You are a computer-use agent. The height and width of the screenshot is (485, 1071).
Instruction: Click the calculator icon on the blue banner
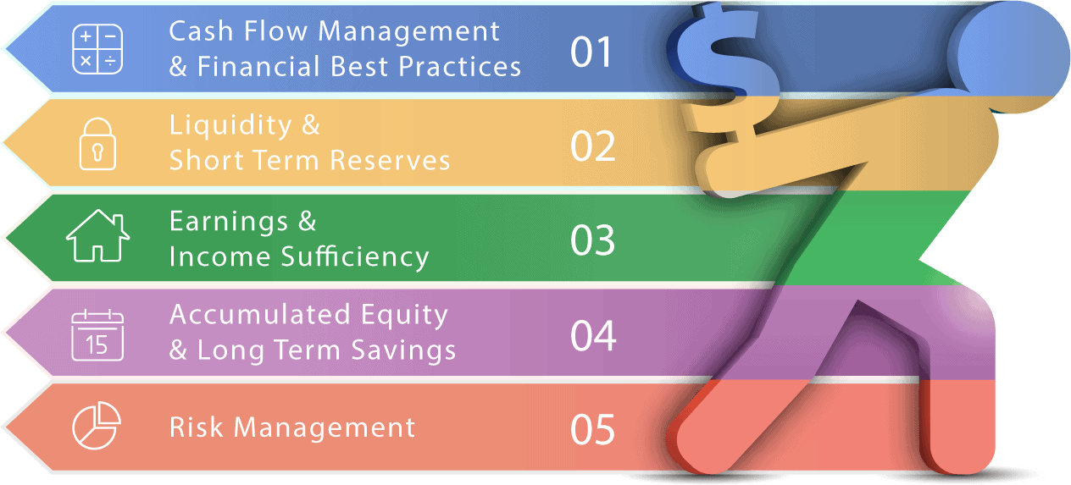(x=97, y=49)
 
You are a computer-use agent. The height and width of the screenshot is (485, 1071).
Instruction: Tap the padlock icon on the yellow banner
(x=97, y=144)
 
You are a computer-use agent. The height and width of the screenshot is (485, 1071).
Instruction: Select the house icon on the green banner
(x=98, y=235)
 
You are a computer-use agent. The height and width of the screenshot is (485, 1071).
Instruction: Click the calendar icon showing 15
(x=97, y=335)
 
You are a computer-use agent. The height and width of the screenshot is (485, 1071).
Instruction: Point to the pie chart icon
(x=97, y=425)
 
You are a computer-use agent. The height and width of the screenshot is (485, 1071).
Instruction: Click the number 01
(x=591, y=52)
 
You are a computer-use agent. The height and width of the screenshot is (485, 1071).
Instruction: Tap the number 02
(x=593, y=146)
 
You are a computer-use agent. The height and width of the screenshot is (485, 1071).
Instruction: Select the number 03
(x=593, y=240)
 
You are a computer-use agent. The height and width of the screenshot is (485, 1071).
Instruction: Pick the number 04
(x=593, y=335)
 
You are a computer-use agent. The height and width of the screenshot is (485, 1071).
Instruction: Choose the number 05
(x=593, y=430)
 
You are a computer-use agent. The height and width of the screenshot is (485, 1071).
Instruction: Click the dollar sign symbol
(x=722, y=72)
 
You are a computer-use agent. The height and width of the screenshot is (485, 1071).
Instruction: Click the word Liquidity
(x=230, y=126)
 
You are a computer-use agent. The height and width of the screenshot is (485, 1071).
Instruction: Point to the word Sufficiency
(x=355, y=257)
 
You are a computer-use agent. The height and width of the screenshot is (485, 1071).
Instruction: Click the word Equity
(x=404, y=316)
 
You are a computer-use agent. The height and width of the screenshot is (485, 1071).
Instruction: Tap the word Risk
(x=197, y=427)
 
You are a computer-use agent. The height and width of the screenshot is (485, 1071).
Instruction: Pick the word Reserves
(x=390, y=160)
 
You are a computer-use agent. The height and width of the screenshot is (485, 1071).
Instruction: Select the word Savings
(x=403, y=351)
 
